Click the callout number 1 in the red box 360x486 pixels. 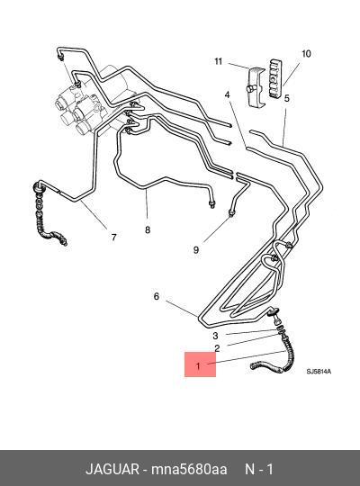pos(198,366)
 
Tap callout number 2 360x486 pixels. pos(217,348)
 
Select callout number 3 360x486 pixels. pos(215,336)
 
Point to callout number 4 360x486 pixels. pos(228,94)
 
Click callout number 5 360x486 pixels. pos(287,98)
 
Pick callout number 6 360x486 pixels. pos(157,296)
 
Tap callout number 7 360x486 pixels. pos(113,238)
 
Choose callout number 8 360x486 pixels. pos(148,229)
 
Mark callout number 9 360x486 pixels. pos(196,250)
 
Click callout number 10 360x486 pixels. pos(306,54)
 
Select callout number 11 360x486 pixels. pos(219,61)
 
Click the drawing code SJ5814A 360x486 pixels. pos(319,372)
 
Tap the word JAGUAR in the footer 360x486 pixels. pos(112,469)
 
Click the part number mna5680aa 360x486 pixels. pos(189,469)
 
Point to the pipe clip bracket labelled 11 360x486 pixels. pos(256,87)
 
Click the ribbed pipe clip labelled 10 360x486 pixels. pos(276,77)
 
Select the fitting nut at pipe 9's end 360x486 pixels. pos(231,212)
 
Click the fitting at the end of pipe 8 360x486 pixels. pos(212,203)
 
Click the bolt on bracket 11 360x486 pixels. pos(250,90)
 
